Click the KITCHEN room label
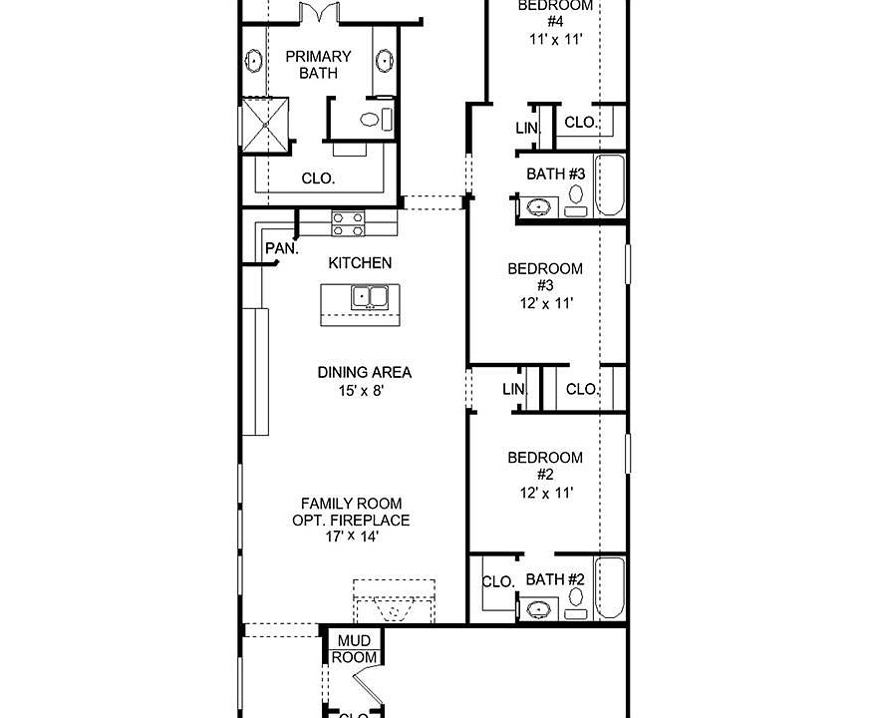[x=360, y=263]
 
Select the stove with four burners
[x=349, y=223]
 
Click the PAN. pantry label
[x=281, y=248]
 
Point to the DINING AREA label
[x=365, y=372]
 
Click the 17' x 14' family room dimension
[x=351, y=537]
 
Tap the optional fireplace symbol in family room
[x=396, y=602]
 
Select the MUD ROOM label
[x=356, y=649]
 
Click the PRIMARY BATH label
[x=318, y=65]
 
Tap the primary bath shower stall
[x=267, y=124]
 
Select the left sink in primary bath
[x=254, y=62]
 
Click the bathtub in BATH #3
[x=610, y=186]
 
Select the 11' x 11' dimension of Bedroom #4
[x=555, y=40]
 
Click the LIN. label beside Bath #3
[x=527, y=129]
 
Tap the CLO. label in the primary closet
[x=318, y=179]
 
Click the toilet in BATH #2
[x=576, y=599]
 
